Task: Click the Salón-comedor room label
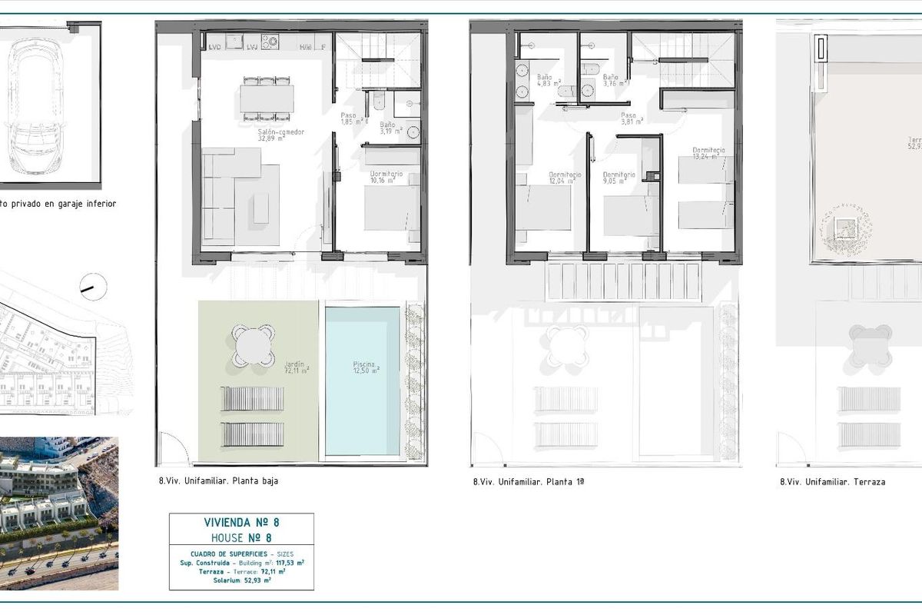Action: pos(281,135)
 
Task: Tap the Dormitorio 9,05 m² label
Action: pos(619,178)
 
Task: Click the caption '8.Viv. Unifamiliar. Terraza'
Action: pos(832,482)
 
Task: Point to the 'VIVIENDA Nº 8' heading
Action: pos(241,523)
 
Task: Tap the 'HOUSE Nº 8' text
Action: pos(241,537)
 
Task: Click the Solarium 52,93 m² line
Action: pos(241,580)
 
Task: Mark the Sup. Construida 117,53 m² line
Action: pos(241,563)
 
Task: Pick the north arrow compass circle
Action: pos(94,287)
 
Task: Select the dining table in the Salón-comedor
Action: pos(266,98)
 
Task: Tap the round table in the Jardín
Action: pos(254,344)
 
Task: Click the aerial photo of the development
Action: pos(59,513)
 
